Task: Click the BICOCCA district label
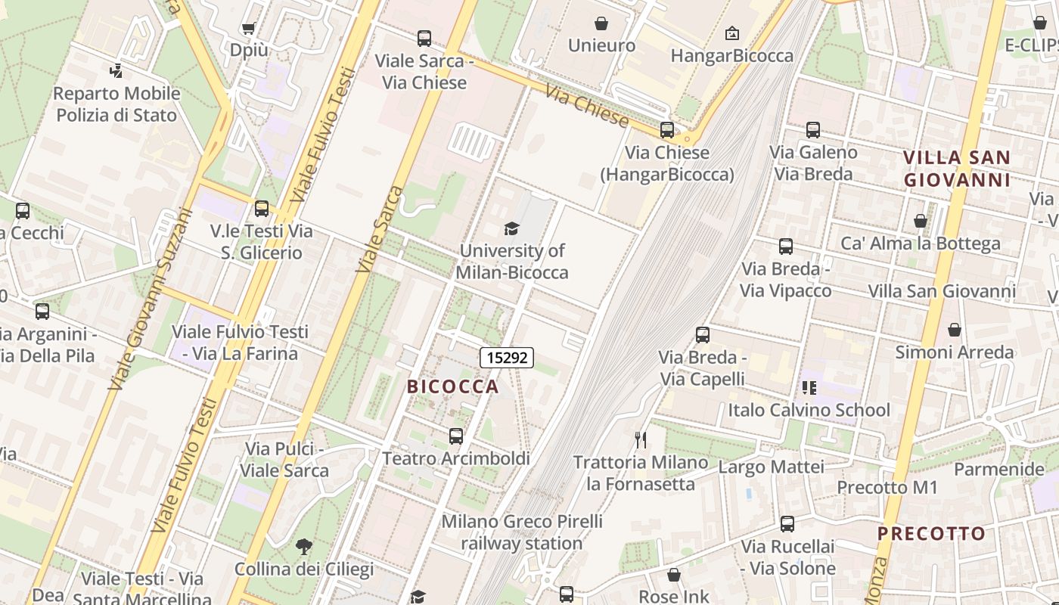pos(453,386)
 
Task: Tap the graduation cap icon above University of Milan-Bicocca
pos(512,228)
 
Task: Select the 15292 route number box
pos(507,357)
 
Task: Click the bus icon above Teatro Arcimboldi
pos(455,436)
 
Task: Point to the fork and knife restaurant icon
pos(641,439)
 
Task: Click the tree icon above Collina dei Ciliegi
pos(303,547)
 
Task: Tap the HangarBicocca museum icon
pos(731,33)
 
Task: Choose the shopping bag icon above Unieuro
pos(601,23)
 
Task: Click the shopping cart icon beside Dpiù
pos(248,29)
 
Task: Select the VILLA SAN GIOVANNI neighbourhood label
pos(957,169)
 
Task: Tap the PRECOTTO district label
pos(931,533)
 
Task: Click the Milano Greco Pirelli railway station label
pos(522,532)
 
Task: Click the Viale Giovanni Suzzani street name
pos(148,299)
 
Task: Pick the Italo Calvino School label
pos(809,410)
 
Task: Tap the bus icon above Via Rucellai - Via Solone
pos(787,524)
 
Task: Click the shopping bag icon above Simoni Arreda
pos(955,330)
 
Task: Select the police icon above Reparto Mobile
pos(116,72)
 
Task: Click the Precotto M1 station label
pos(887,487)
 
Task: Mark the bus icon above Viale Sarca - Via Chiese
pos(424,38)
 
